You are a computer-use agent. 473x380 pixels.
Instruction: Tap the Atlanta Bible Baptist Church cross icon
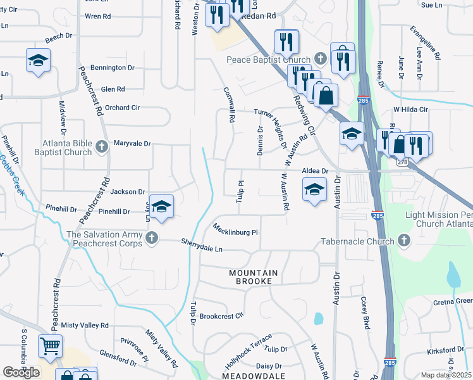pyautogui.click(x=101, y=148)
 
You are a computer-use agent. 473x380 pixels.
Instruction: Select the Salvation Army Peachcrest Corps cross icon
pyautogui.click(x=150, y=238)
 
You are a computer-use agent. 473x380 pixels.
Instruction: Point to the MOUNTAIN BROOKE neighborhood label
pyautogui.click(x=253, y=276)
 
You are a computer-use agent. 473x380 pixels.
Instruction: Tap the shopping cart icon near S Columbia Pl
pyautogui.click(x=51, y=346)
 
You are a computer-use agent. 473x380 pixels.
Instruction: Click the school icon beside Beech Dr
pyautogui.click(x=38, y=60)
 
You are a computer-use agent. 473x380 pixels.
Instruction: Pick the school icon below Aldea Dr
pyautogui.click(x=314, y=189)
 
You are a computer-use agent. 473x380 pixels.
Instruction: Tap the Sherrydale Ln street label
pyautogui.click(x=202, y=245)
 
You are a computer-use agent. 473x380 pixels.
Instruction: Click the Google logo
pyautogui.click(x=21, y=372)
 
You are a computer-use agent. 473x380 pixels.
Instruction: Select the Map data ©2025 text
pyautogui.click(x=445, y=375)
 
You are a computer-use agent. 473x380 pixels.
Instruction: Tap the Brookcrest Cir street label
pyautogui.click(x=221, y=315)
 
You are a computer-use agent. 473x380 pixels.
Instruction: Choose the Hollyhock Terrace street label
pyautogui.click(x=248, y=352)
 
